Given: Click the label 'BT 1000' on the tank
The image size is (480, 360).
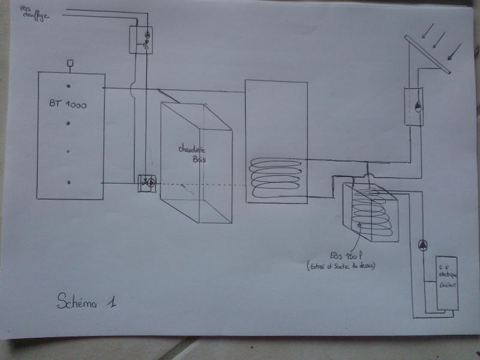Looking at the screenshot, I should click(68, 104).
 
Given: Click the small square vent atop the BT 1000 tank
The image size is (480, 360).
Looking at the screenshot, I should click(70, 62).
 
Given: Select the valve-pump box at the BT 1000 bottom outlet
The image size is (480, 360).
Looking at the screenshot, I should click(146, 182).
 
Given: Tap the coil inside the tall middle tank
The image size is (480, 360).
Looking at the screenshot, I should click(275, 177).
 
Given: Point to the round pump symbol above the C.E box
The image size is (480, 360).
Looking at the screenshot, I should click(422, 244).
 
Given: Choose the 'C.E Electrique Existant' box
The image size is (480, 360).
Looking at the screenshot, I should click(446, 283).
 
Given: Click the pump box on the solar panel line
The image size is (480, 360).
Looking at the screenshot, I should click(414, 106).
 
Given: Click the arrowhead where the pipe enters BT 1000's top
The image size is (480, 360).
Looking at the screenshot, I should click(106, 88).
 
